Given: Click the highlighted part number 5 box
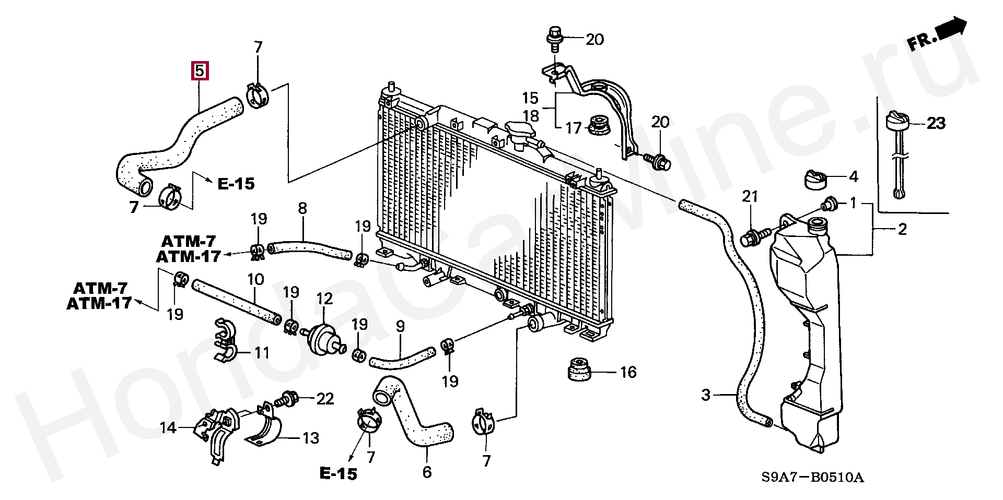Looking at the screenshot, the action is tap(201, 70).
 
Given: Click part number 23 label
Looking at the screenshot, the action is tap(936, 124).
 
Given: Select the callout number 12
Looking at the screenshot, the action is tap(324, 299).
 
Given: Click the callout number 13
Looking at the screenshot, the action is tap(311, 438).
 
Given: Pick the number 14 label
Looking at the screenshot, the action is tap(168, 428).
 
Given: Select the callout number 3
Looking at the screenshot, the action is tap(706, 396).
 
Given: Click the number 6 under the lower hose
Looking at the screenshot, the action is tap(427, 472).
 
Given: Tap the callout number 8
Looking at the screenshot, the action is tap(302, 209).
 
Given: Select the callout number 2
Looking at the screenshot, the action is tap(903, 229).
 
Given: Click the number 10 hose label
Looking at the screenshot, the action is tap(255, 280).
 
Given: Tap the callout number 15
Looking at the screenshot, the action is tap(530, 98).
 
